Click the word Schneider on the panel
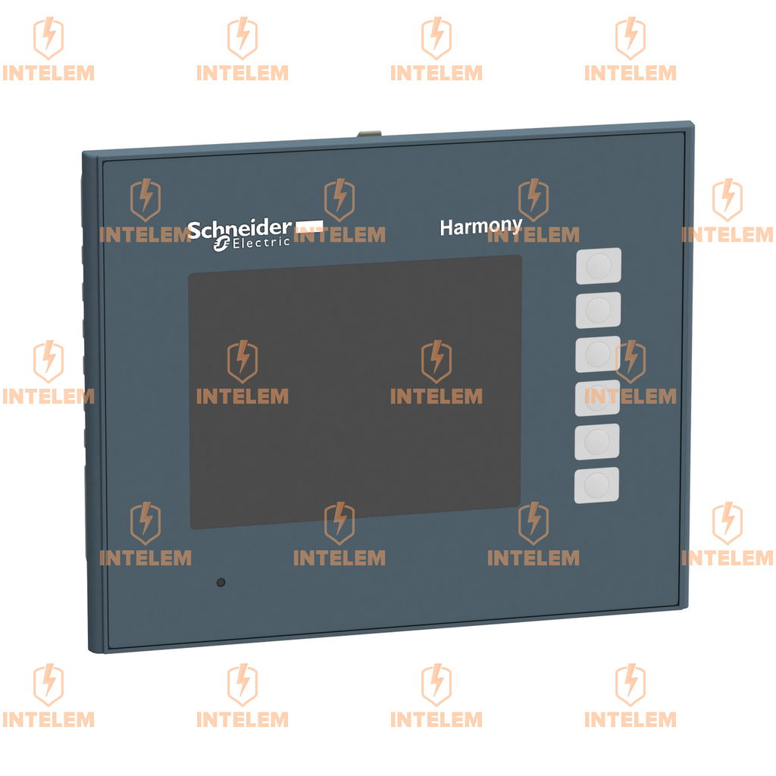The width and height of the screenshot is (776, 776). click(x=239, y=228)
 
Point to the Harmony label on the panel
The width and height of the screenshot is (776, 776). click(x=480, y=226)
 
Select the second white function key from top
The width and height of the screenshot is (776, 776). click(x=598, y=309)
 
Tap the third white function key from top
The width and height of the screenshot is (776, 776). click(x=598, y=353)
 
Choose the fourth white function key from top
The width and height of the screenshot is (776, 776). click(x=597, y=397)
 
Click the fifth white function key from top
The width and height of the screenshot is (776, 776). click(x=597, y=441)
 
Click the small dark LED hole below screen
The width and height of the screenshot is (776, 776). click(x=221, y=583)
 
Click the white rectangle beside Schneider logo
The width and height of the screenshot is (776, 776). click(x=308, y=224)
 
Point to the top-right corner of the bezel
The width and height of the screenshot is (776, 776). click(x=691, y=124)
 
